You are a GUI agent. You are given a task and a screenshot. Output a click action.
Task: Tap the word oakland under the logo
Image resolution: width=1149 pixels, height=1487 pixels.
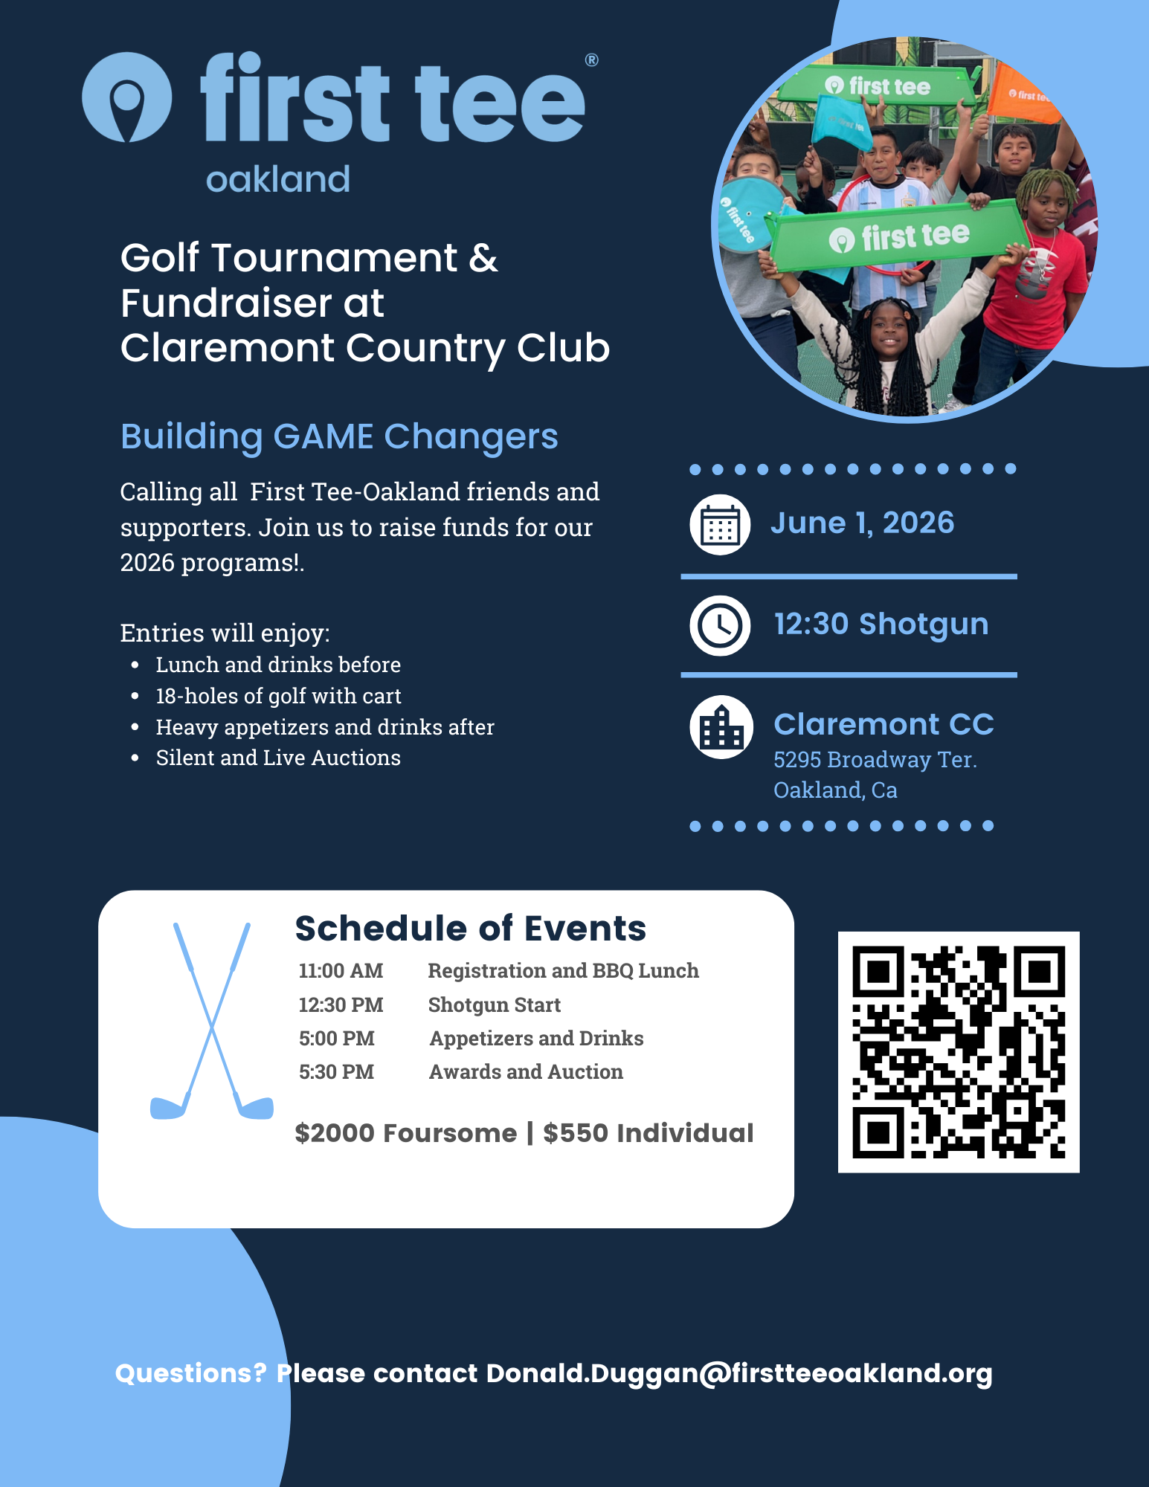(x=277, y=180)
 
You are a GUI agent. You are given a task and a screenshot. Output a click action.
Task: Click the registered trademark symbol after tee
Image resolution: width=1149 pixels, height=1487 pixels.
(x=591, y=60)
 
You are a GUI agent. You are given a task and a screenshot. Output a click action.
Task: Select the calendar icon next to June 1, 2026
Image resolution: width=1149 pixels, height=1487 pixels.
(x=719, y=525)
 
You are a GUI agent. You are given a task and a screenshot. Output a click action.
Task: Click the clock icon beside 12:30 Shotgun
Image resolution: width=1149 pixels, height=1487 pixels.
(x=719, y=625)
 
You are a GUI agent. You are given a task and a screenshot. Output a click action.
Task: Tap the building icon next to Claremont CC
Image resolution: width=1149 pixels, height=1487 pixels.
(x=721, y=726)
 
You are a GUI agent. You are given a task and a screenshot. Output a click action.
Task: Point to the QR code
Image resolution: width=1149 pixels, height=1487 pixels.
(x=958, y=1051)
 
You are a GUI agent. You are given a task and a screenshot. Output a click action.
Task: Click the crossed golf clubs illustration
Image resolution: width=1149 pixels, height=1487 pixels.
(x=212, y=1022)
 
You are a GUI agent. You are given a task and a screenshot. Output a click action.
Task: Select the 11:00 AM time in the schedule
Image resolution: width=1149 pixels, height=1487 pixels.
(x=341, y=971)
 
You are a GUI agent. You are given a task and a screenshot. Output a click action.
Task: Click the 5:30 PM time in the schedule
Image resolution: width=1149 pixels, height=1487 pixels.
(x=336, y=1072)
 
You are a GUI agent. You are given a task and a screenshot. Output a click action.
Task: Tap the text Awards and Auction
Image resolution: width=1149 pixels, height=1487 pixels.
(x=526, y=1072)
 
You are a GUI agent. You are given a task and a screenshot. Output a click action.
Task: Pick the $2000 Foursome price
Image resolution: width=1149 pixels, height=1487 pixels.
(x=405, y=1133)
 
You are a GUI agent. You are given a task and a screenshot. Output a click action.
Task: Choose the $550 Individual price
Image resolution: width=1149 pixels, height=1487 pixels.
(x=648, y=1133)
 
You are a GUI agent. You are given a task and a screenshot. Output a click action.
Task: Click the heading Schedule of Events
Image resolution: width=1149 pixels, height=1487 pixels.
(x=470, y=929)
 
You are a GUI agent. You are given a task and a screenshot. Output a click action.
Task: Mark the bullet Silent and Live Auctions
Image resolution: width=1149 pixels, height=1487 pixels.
(x=278, y=758)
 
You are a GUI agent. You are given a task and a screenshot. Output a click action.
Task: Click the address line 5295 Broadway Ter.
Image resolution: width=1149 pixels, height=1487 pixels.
(x=875, y=760)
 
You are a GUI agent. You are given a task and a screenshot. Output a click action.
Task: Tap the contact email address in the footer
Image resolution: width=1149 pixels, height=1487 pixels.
(x=739, y=1373)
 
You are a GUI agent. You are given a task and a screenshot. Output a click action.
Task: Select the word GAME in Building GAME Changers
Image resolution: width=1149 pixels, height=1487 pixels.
(x=324, y=436)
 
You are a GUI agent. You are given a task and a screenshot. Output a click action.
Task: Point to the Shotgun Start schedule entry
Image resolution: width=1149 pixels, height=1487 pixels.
(x=494, y=1005)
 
